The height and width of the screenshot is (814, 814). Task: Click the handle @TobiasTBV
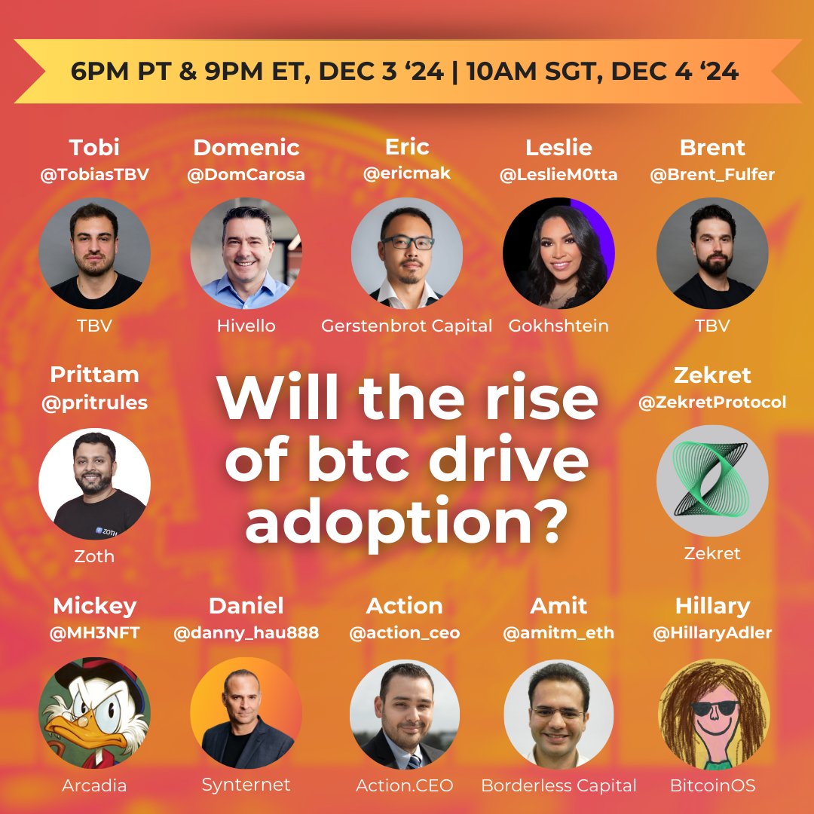[x=94, y=175]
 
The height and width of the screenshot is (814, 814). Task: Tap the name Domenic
[x=246, y=147]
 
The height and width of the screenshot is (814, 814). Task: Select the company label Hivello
[x=246, y=326]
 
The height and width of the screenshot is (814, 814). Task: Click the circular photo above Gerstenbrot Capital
[x=407, y=253]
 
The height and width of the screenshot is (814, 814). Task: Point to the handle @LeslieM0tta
[x=558, y=175]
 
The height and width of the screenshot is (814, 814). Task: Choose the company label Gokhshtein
[x=558, y=326]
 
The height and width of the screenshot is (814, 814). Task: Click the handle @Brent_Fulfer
[x=712, y=175]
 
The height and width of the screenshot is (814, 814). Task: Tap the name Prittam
[x=94, y=375]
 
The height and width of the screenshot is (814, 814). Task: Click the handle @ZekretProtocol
[x=712, y=402]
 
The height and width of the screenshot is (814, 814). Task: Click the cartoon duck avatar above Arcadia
[x=94, y=712]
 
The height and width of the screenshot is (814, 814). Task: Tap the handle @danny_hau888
[x=246, y=633]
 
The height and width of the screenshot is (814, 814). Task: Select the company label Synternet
[x=246, y=785]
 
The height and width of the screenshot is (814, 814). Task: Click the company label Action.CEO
[x=405, y=785]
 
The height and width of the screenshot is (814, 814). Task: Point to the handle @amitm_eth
[x=558, y=633]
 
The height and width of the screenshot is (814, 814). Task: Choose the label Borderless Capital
[x=558, y=785]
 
